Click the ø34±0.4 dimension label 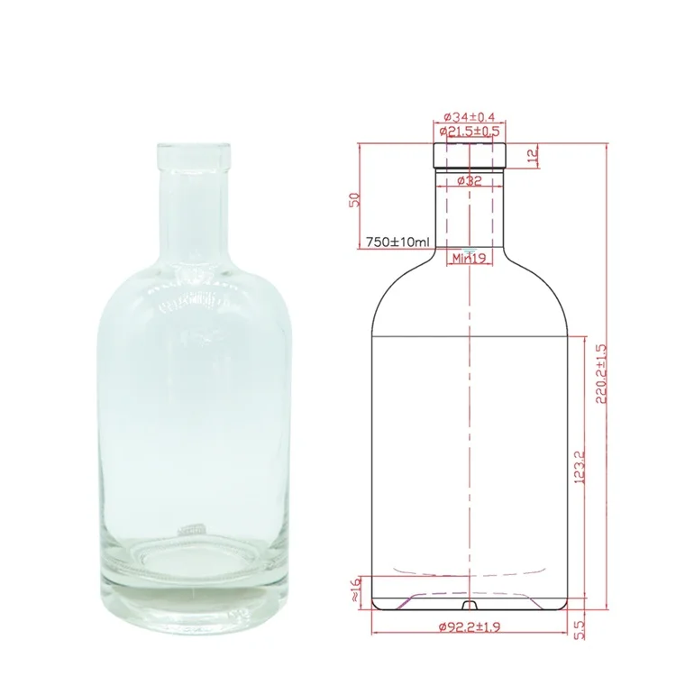(x=470, y=117)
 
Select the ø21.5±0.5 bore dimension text (x=470, y=132)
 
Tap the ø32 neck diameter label (x=470, y=180)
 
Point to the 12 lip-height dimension (x=533, y=155)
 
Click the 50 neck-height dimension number (x=355, y=200)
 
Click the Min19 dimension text (x=470, y=259)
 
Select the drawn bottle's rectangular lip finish (x=470, y=155)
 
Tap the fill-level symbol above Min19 (x=470, y=248)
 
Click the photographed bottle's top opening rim (x=191, y=149)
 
